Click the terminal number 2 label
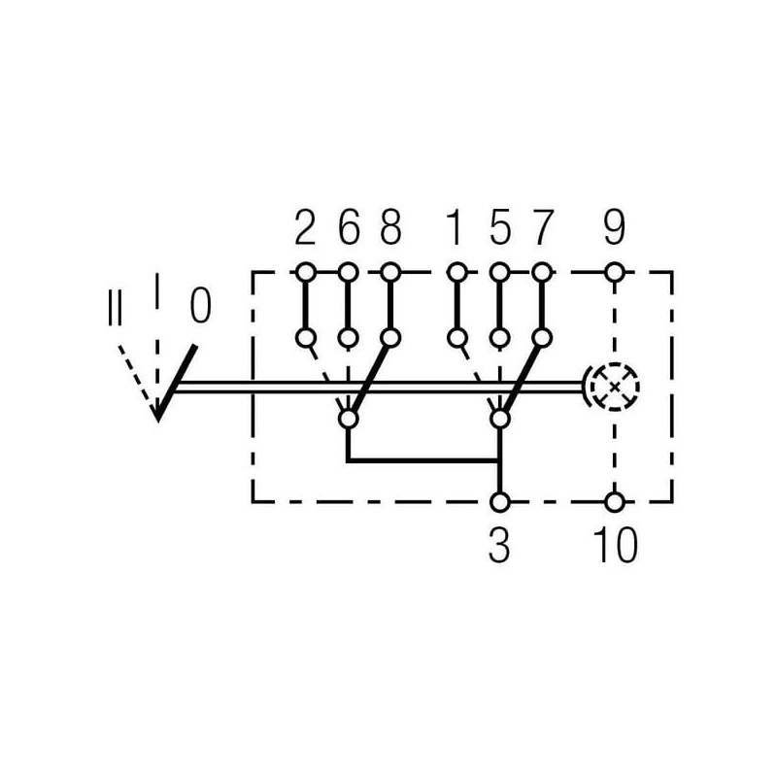click(x=305, y=227)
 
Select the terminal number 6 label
click(x=349, y=227)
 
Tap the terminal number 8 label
click(x=391, y=227)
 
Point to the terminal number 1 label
click(x=456, y=227)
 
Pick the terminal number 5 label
click(x=499, y=227)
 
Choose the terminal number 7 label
click(x=542, y=227)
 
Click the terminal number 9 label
click(x=615, y=227)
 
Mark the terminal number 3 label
click(x=499, y=545)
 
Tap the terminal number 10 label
click(x=615, y=545)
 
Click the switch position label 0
click(x=201, y=305)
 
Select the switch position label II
click(x=115, y=307)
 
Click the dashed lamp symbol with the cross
click(x=614, y=387)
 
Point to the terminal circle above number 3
click(x=499, y=501)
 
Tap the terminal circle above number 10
click(x=615, y=501)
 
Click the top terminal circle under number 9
click(x=615, y=272)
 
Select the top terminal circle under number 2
click(x=305, y=272)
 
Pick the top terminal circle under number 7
click(x=542, y=272)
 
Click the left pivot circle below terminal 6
click(x=348, y=419)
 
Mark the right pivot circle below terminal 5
click(x=499, y=419)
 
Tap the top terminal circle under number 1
click(x=456, y=272)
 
